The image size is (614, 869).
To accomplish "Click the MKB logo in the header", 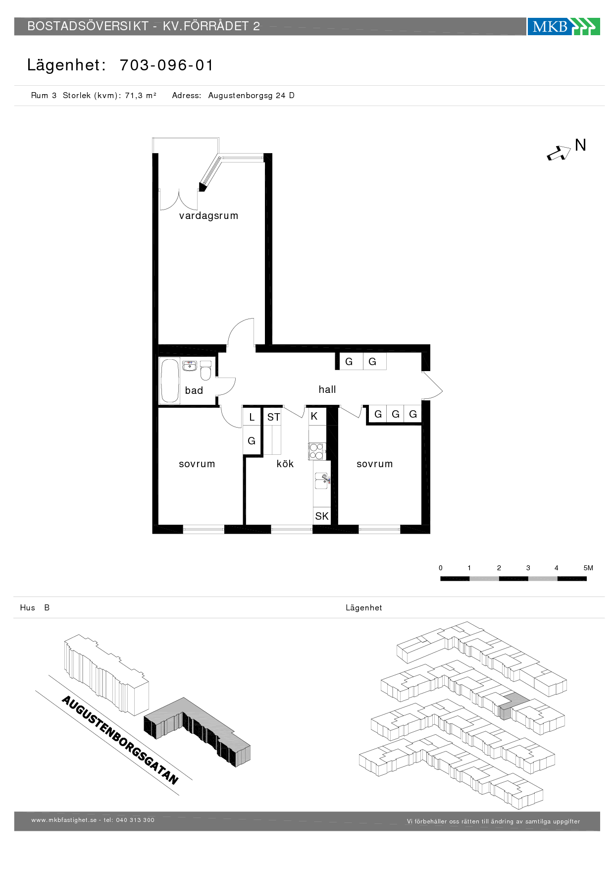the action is pos(563,26).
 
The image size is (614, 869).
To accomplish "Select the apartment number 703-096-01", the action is pos(166,65).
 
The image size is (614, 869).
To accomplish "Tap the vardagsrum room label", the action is pos(208,216).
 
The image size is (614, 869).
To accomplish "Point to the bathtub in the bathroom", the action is pos(169,380).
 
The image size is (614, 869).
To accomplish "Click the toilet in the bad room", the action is pos(205,370).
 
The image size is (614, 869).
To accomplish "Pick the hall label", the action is pos(327,389).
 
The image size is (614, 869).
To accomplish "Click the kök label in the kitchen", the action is pos(285,464).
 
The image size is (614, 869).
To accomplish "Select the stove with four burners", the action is pos(316,451).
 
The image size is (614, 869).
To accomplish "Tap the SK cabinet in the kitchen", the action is pos(321,516).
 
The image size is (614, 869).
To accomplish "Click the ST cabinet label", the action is pos(273,417).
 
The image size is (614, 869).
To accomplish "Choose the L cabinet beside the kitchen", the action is pos(252,417).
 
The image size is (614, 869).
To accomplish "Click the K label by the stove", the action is pos(314,416).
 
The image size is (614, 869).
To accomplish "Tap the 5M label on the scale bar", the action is pos(588,568).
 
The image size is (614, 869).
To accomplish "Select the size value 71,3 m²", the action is pos(141,95).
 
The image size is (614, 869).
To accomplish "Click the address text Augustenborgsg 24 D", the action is pos(251,95).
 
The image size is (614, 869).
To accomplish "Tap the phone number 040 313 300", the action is pos(135,820).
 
